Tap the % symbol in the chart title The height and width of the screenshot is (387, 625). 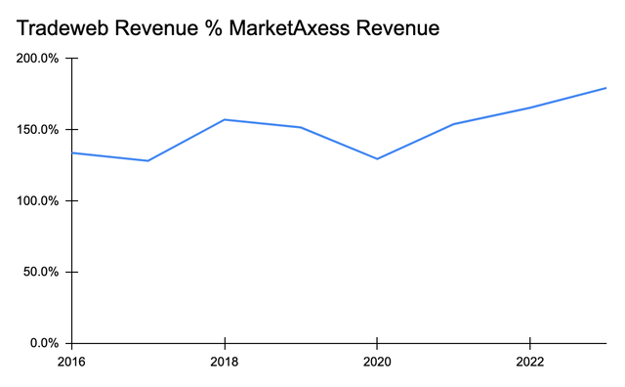[203, 29]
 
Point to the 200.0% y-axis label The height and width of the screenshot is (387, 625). [37, 59]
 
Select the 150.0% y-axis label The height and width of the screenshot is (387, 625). [37, 130]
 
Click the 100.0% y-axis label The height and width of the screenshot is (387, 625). [37, 201]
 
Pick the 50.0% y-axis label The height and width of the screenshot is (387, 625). [40, 272]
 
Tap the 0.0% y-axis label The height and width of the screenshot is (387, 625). [44, 343]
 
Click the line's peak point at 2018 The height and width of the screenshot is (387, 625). [225, 119]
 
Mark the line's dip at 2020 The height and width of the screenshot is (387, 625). [377, 159]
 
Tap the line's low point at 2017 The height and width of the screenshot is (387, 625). [148, 160]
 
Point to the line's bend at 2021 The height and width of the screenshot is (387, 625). [453, 124]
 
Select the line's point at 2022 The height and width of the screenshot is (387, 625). [529, 107]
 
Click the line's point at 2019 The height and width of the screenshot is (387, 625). [301, 127]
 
